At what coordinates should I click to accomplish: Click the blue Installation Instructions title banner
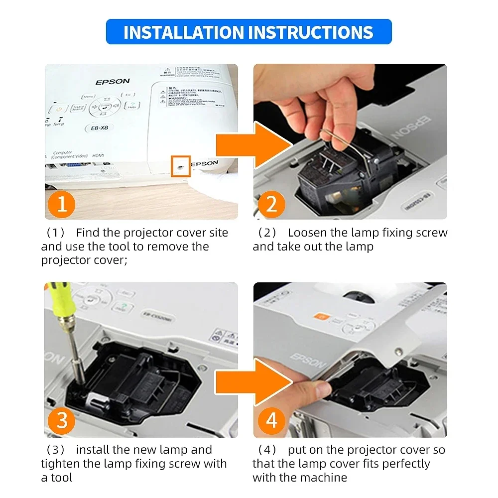[249, 32]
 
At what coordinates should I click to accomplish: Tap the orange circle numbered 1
[62, 204]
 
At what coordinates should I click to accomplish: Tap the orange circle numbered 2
[271, 204]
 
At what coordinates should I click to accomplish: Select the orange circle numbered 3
[62, 421]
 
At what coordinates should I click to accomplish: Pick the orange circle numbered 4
[271, 421]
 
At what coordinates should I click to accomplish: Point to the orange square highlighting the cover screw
[180, 166]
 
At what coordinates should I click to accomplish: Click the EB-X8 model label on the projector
[100, 128]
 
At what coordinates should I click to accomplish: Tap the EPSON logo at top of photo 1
[113, 81]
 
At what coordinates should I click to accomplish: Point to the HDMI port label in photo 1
[98, 156]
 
